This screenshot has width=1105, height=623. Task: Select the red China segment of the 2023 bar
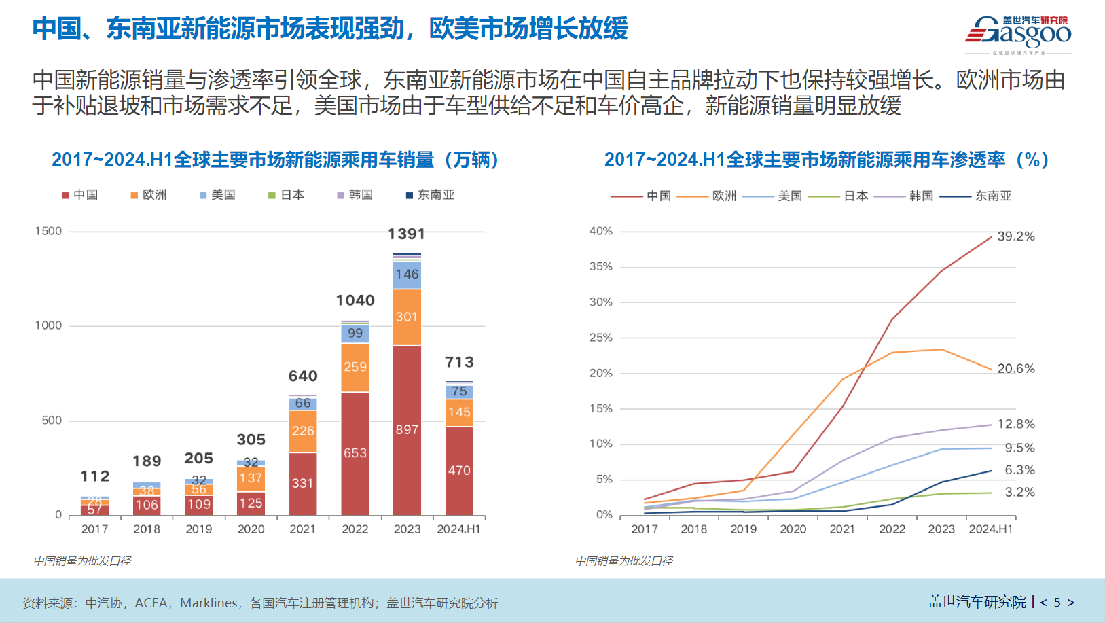point(407,429)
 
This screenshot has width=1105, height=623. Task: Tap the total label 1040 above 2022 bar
point(355,300)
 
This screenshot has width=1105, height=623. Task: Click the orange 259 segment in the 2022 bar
point(355,367)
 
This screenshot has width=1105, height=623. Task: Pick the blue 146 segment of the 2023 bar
point(407,274)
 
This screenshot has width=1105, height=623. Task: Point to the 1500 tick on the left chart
point(48,231)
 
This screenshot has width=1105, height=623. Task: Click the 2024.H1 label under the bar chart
point(458,529)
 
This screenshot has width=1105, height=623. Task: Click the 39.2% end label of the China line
point(1016,236)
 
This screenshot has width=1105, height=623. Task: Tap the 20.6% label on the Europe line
point(1016,369)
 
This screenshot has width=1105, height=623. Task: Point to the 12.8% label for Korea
point(1016,424)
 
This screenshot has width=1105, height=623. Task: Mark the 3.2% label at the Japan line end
point(1019,492)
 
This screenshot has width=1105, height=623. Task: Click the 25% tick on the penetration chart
point(600,338)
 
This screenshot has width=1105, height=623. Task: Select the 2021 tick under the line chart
point(842,529)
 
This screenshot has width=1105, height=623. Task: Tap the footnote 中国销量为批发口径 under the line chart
point(623,560)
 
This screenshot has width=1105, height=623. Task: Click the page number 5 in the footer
point(1057,602)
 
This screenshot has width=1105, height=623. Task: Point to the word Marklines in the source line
point(209,603)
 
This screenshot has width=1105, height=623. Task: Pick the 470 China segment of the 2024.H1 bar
point(459,470)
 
